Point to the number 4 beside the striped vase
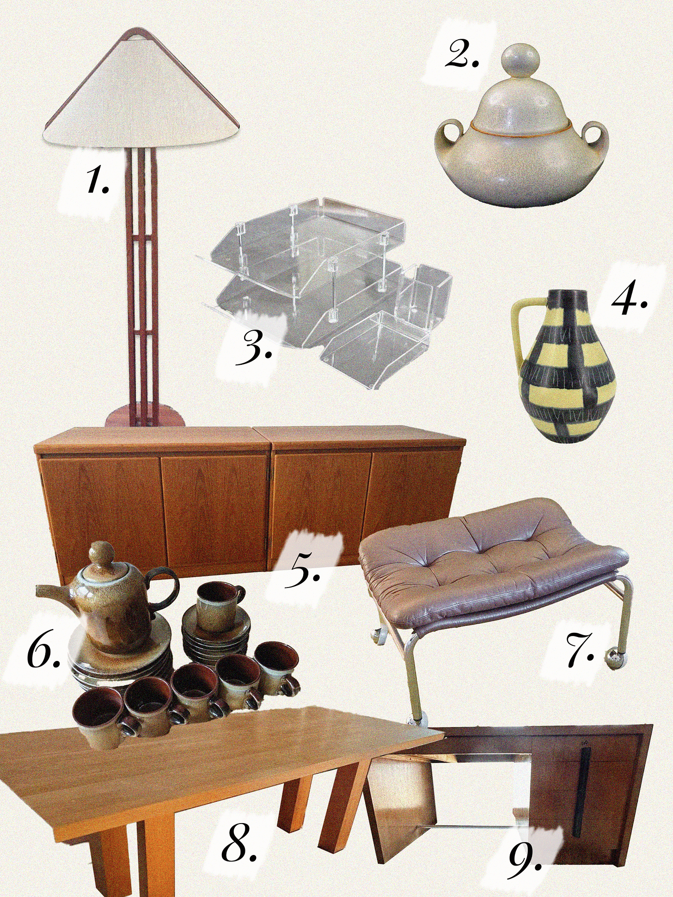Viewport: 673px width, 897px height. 629,300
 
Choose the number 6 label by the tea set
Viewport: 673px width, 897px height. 43,652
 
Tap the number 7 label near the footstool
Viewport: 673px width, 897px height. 581,651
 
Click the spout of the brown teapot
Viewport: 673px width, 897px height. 50,593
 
